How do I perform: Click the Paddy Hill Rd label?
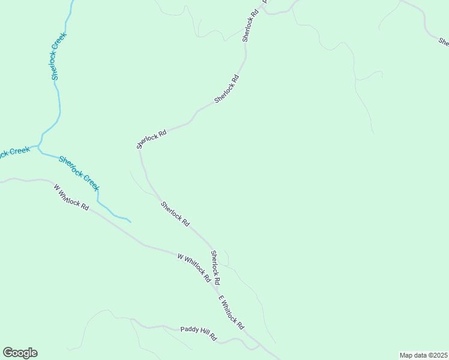coord(198,334)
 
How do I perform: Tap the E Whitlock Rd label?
coord(231,313)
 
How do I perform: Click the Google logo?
coord(20,353)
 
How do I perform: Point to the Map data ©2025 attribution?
coord(423,355)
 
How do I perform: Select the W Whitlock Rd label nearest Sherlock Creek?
coord(71,197)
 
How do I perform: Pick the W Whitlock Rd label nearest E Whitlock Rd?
coord(194,268)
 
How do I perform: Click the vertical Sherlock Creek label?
coord(58,56)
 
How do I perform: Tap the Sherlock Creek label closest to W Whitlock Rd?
coord(79,173)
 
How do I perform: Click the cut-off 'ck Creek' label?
coord(14,152)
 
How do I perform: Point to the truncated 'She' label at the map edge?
coord(444,42)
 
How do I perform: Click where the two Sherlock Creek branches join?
coord(40,145)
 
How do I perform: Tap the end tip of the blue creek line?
coord(130,221)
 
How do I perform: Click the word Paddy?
coord(188,330)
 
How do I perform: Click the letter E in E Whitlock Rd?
coord(220,298)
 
